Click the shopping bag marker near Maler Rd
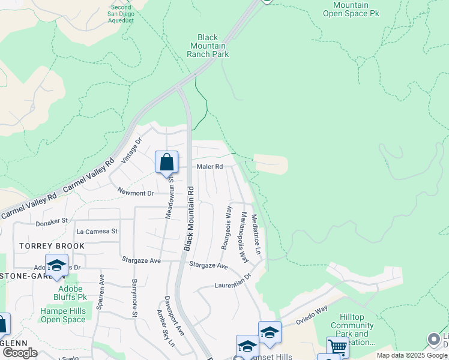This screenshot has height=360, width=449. pyautogui.click(x=166, y=163)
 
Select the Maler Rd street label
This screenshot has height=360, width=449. pyautogui.click(x=209, y=166)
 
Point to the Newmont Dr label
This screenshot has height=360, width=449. pyautogui.click(x=136, y=193)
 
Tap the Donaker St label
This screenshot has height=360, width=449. pyautogui.click(x=52, y=221)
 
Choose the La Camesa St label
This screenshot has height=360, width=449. pyautogui.click(x=97, y=231)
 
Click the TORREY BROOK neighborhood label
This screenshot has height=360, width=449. pyautogui.click(x=52, y=246)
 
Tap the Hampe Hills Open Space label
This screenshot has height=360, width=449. pyautogui.click(x=63, y=315)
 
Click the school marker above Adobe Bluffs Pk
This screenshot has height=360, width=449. pyautogui.click(x=56, y=266)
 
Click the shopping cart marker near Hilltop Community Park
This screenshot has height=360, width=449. pyautogui.click(x=338, y=347)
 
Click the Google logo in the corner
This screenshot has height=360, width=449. pyautogui.click(x=19, y=353)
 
